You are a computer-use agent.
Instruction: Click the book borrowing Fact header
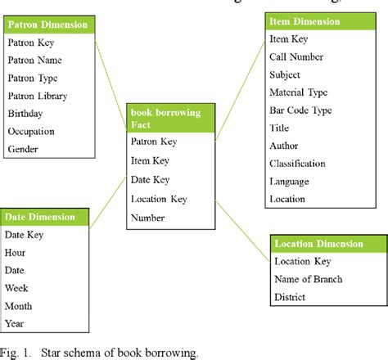[169, 117]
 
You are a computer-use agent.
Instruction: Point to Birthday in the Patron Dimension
[25, 114]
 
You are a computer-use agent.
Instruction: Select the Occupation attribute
[32, 132]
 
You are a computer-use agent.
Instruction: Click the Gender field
[23, 150]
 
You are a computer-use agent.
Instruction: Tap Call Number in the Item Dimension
[296, 56]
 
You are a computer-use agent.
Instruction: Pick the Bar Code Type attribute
[301, 110]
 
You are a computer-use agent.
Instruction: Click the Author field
[284, 146]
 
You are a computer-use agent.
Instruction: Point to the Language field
[289, 182]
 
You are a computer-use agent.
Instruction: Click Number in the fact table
[148, 218]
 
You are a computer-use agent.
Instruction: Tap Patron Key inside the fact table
[154, 142]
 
